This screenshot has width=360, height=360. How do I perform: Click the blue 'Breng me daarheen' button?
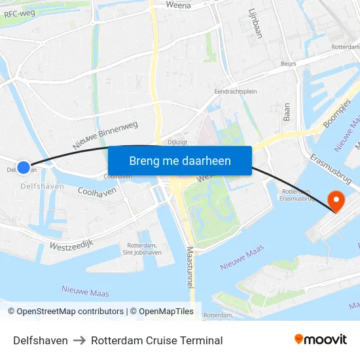(x=180, y=161)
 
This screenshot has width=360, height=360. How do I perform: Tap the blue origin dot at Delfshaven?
(x=24, y=168)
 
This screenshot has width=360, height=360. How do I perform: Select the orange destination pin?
(x=336, y=200)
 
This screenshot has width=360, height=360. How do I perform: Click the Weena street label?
(x=178, y=6)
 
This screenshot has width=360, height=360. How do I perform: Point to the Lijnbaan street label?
(x=255, y=24)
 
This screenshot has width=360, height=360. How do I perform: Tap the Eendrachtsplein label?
(x=236, y=92)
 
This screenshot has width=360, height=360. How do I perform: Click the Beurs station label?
(x=288, y=64)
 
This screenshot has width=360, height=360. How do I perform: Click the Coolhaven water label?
(x=97, y=191)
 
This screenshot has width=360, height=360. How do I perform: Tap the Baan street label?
(x=286, y=112)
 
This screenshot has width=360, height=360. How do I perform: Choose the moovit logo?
(x=321, y=340)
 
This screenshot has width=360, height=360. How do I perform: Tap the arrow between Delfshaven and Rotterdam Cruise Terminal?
(x=79, y=340)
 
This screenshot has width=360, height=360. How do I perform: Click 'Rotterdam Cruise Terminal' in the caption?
(x=157, y=340)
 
